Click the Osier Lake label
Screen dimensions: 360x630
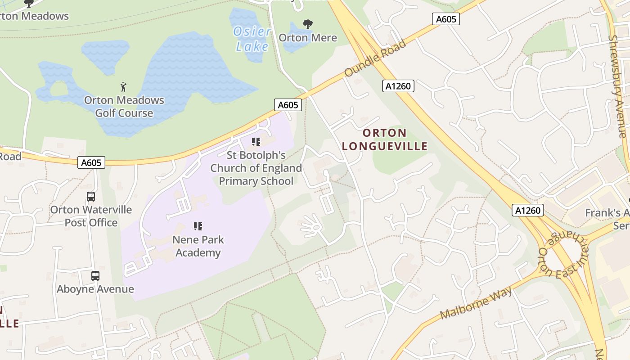(x=252, y=39)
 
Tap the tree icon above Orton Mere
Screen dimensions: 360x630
(x=308, y=24)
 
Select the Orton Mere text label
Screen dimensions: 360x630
(x=308, y=37)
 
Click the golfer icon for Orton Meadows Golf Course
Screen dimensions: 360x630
(x=124, y=86)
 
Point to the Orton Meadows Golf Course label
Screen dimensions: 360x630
(x=124, y=106)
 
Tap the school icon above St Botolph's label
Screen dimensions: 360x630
(x=256, y=142)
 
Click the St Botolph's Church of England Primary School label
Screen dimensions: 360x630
(x=256, y=168)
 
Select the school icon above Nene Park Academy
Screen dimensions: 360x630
(x=198, y=226)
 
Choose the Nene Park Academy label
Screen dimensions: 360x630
(x=198, y=246)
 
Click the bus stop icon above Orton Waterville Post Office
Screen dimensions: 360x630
(x=91, y=197)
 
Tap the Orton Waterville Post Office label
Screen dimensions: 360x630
(x=91, y=216)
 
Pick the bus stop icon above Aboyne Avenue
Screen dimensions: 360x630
(x=95, y=276)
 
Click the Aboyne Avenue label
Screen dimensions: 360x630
(x=95, y=289)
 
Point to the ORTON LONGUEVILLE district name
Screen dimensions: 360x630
(x=385, y=139)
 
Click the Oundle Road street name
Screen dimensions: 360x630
(x=375, y=58)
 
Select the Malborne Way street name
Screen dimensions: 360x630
(x=477, y=303)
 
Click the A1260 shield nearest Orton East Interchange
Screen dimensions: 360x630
(x=528, y=210)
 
